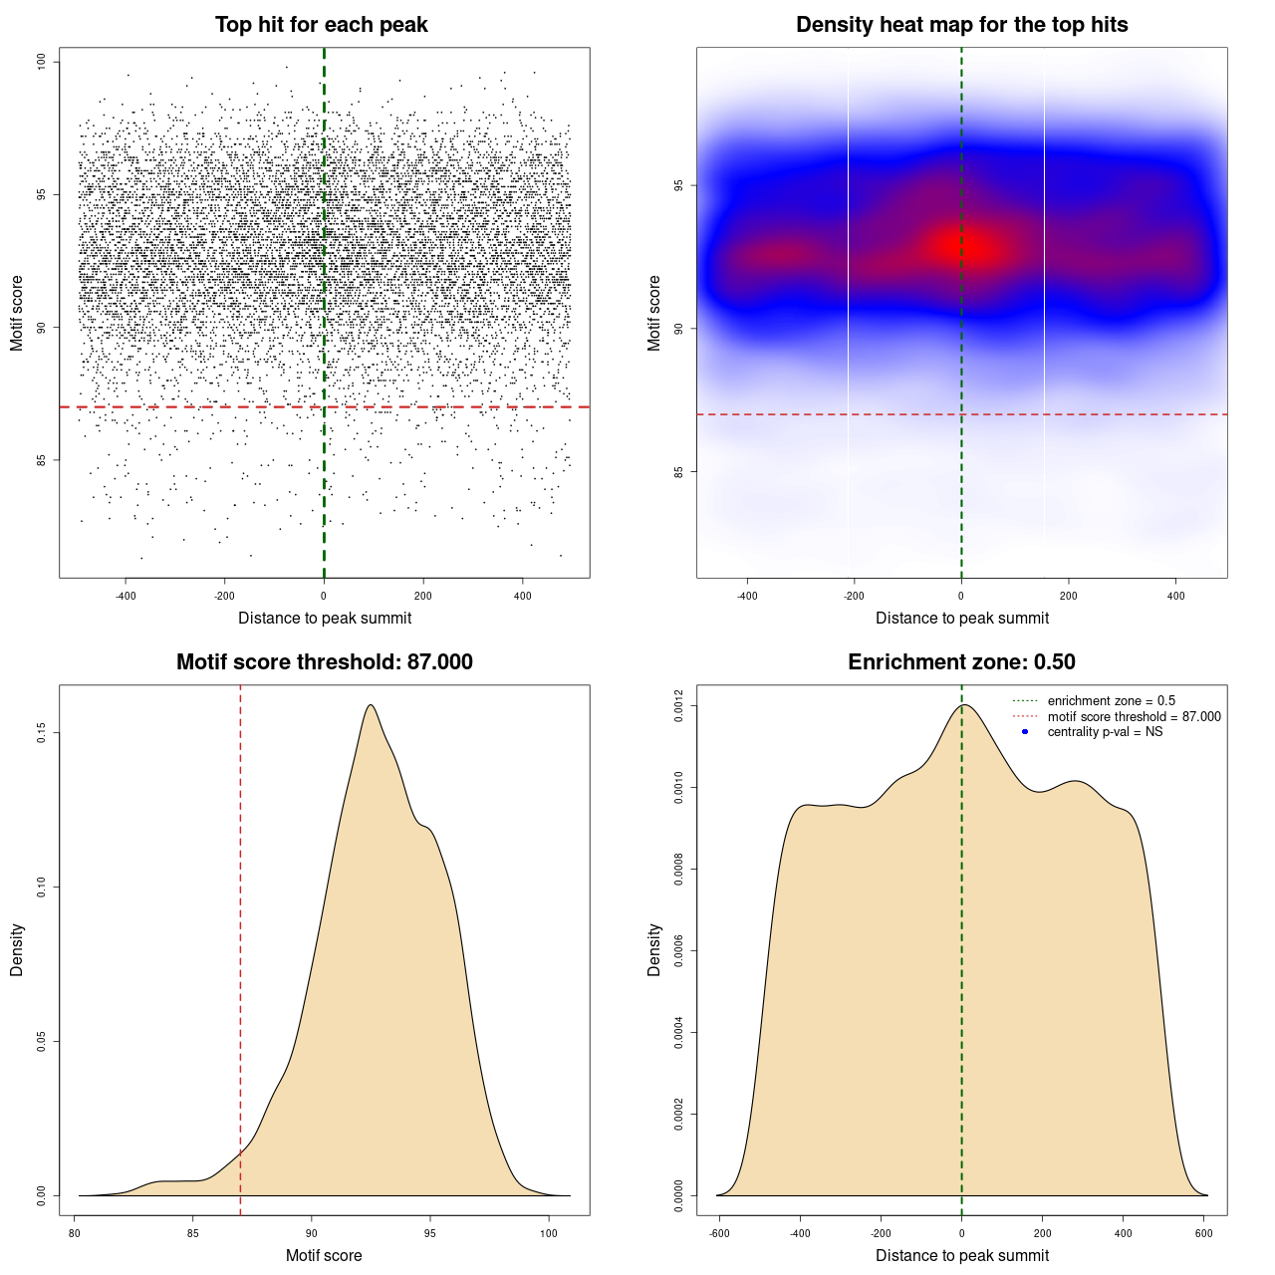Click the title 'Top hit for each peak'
click(321, 25)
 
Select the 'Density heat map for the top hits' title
click(961, 25)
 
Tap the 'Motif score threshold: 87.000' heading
click(324, 662)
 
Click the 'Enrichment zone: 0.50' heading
click(961, 662)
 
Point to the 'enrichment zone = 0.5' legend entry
click(1111, 701)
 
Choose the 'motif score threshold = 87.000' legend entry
click(1134, 717)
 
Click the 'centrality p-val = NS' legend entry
click(1105, 732)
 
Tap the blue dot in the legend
click(1025, 732)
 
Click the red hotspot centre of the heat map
click(971, 246)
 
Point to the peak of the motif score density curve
click(371, 705)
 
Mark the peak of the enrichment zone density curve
click(963, 705)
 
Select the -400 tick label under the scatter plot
click(126, 596)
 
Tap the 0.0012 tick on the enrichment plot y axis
click(679, 706)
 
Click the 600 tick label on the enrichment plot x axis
click(1204, 1233)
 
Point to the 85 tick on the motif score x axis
click(193, 1233)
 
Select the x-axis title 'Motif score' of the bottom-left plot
click(324, 1256)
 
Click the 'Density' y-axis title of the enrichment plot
click(654, 949)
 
